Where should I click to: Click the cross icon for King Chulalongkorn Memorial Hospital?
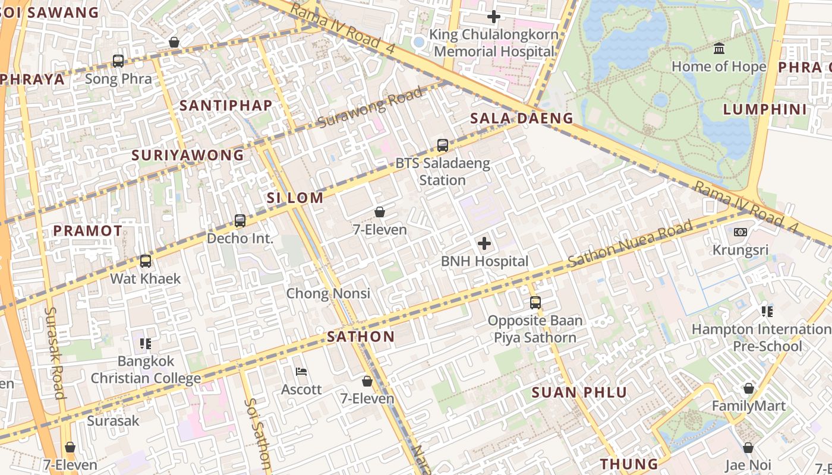(493, 17)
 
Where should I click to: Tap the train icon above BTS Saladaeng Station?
(443, 145)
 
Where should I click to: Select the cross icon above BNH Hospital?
(484, 243)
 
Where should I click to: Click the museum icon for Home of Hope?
(719, 48)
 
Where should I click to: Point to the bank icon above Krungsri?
(740, 232)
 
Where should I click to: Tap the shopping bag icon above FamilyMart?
(749, 388)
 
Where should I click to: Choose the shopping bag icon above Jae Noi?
(748, 447)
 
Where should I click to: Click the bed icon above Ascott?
(301, 372)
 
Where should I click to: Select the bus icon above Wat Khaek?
(146, 261)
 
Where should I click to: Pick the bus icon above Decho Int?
(240, 221)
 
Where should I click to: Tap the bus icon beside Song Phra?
(118, 61)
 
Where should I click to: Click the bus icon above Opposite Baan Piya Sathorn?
(535, 303)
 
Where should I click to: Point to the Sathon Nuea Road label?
(630, 244)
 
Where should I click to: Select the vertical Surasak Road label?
(55, 353)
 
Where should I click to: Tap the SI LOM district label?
(295, 198)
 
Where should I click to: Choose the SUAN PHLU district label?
(579, 392)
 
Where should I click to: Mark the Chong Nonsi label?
(328, 293)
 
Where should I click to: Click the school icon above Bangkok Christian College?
(146, 343)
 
